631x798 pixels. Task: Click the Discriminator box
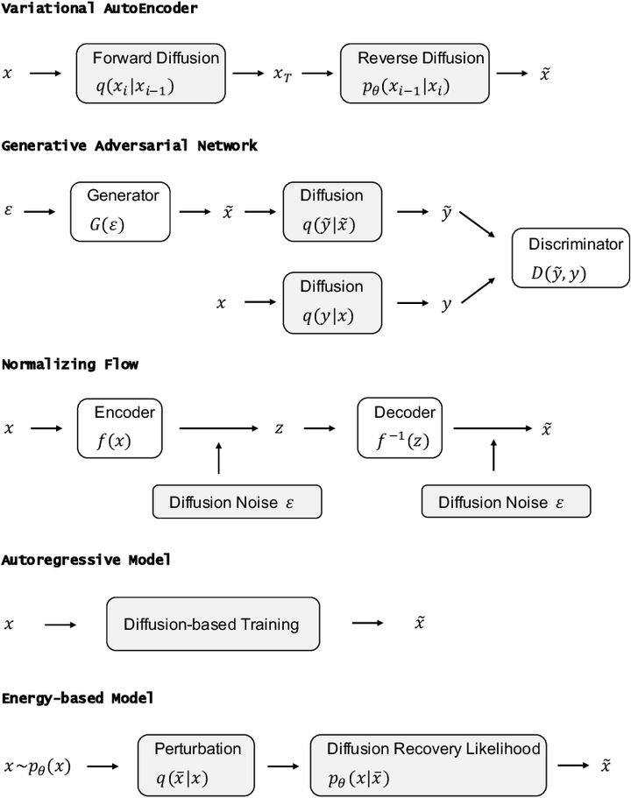(571, 258)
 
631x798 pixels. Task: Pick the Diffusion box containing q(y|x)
(332, 302)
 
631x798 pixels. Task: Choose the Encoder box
(122, 427)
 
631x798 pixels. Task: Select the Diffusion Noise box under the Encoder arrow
(237, 502)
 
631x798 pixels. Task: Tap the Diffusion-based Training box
(212, 625)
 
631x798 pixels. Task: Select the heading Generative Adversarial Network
(130, 145)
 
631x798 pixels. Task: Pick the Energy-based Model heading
(77, 698)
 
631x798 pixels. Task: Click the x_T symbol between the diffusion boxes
(282, 74)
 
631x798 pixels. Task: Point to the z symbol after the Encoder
(279, 428)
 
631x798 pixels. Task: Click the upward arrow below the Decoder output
(493, 455)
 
